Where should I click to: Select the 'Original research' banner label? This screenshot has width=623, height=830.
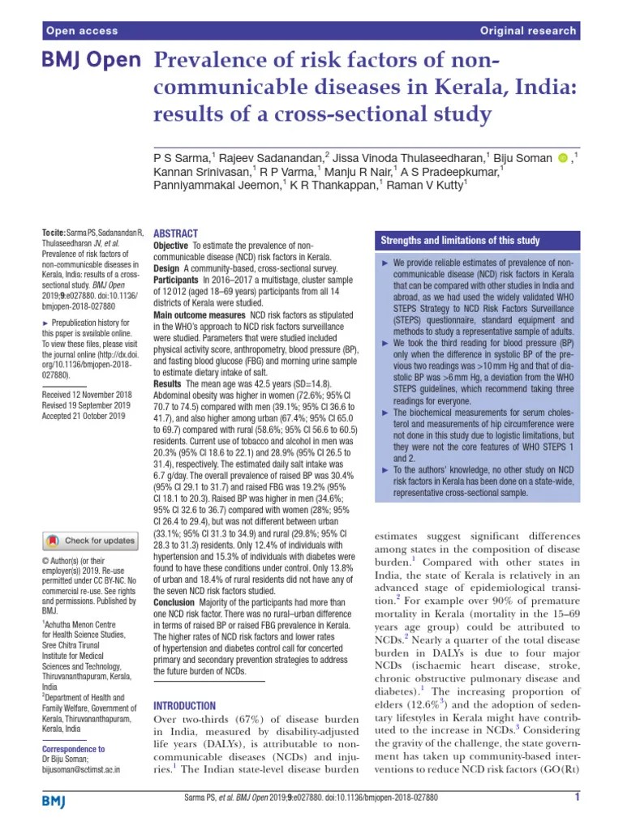pos(527,31)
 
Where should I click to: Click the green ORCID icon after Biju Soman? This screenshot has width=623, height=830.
pos(563,157)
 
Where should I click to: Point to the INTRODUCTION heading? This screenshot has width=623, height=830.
pos(184,705)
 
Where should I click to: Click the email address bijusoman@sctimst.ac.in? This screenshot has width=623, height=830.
pos(80,769)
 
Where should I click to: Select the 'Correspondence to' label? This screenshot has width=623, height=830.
pos(73,749)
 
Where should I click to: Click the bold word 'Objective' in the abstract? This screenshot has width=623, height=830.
pos(170,245)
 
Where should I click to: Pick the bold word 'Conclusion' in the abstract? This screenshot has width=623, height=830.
pos(174,603)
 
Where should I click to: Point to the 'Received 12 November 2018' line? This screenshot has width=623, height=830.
pos(91,393)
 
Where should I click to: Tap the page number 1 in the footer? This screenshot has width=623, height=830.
pos(576,798)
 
